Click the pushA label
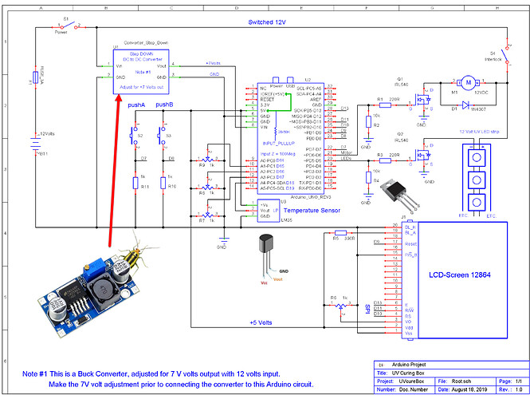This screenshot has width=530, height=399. pyautogui.click(x=135, y=105)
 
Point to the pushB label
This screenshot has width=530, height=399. pyautogui.click(x=166, y=105)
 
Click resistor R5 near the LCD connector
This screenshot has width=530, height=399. pyautogui.click(x=336, y=237)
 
